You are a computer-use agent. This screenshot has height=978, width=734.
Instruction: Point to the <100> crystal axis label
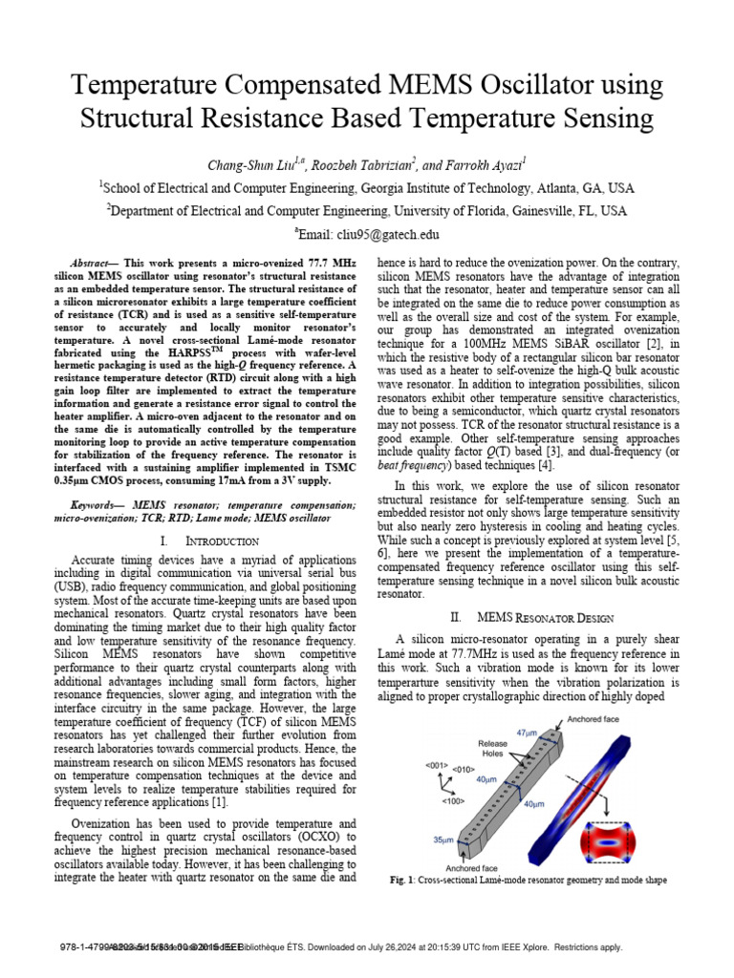click(453, 801)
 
